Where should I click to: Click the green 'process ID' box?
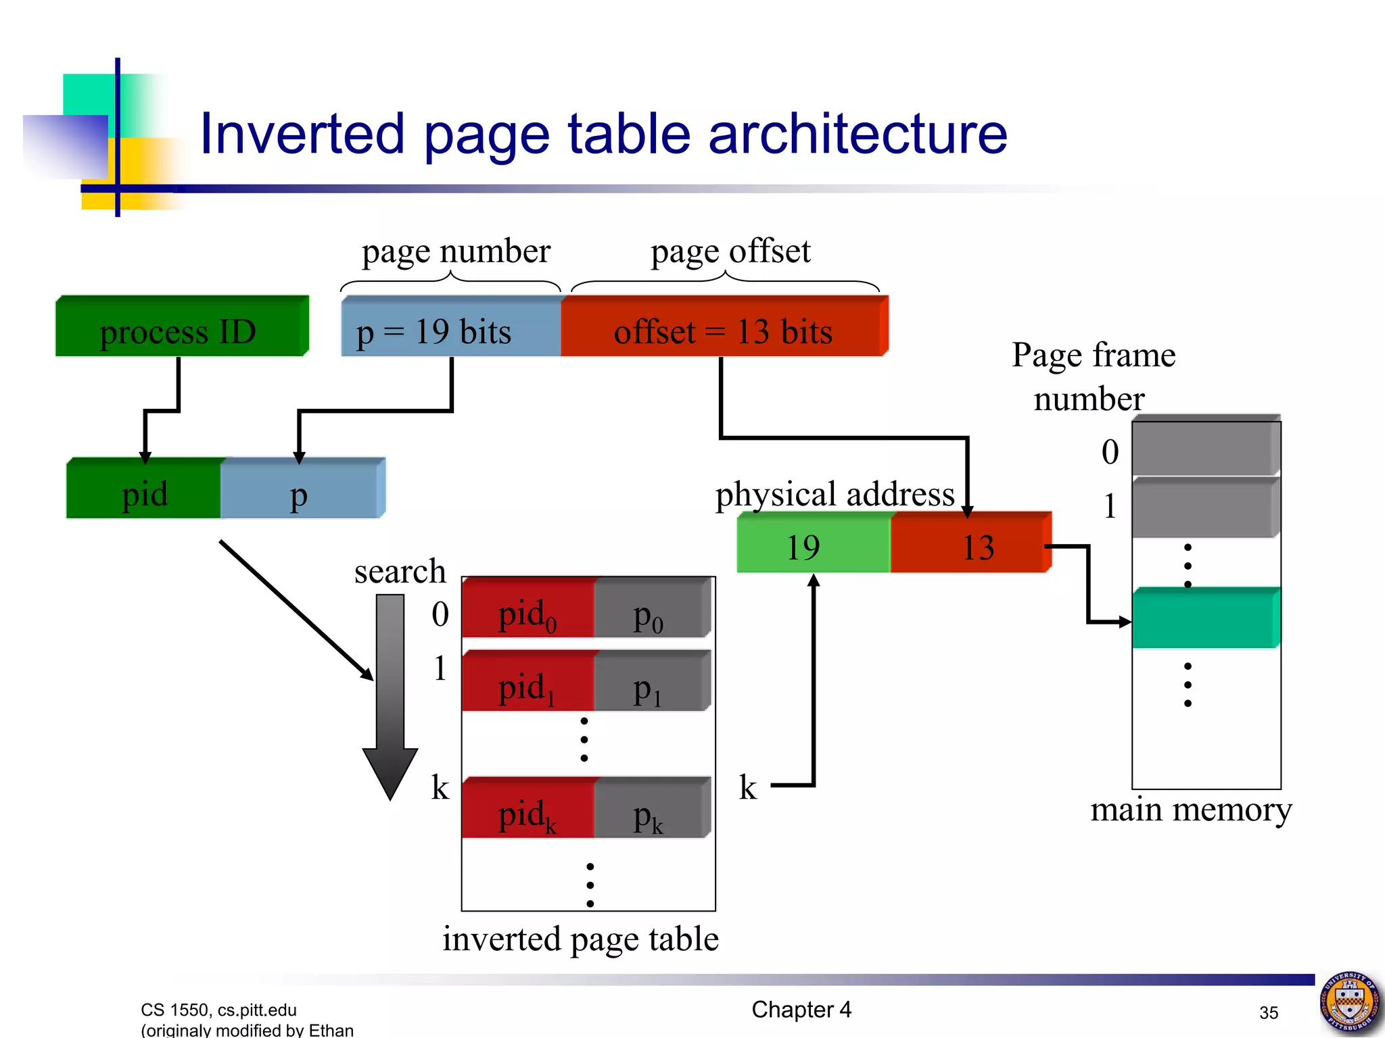pos(181,328)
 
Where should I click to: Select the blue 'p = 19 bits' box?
pos(451,328)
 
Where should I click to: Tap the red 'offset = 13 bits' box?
pos(724,328)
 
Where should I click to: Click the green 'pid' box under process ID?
pos(144,490)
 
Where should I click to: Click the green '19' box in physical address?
pos(813,544)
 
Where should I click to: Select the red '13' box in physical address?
pos(970,544)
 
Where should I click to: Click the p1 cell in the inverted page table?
pos(651,683)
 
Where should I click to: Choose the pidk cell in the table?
pos(527,810)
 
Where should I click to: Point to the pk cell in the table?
pos(651,810)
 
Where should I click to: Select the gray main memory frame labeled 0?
pos(1205,447)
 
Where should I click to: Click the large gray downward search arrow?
pos(390,696)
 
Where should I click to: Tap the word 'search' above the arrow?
pos(400,572)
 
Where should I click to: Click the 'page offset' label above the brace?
pos(730,251)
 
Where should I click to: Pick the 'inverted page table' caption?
pos(580,939)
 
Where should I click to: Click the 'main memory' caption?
pos(1190,810)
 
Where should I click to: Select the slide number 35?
pos(1269,1012)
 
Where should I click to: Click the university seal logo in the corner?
pos(1350,1003)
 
